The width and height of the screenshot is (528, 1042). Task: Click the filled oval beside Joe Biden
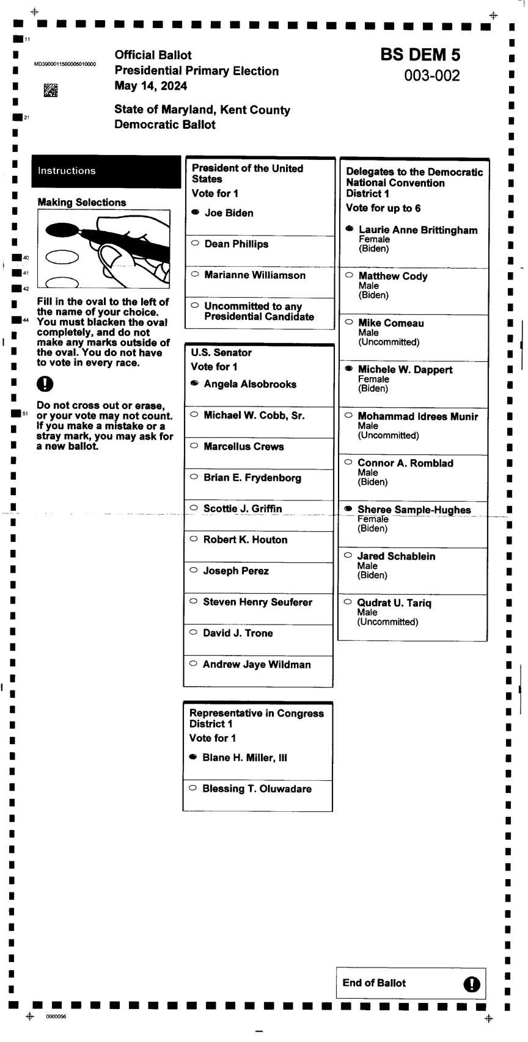[195, 212]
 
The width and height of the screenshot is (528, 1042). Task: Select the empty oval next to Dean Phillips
[195, 243]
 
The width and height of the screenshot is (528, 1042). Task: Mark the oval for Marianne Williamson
[195, 274]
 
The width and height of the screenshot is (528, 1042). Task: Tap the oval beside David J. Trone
[193, 632]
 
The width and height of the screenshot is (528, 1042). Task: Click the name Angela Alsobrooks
[250, 384]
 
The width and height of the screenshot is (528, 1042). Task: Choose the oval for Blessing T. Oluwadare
[193, 787]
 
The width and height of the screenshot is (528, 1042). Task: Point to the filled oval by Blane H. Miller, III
[193, 757]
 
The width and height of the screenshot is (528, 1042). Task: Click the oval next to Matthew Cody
[349, 275]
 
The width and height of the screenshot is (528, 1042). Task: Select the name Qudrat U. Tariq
[394, 603]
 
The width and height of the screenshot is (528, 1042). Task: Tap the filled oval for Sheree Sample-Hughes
[348, 508]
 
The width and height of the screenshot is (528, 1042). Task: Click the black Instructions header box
[106, 171]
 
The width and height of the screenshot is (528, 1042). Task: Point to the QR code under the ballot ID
[51, 91]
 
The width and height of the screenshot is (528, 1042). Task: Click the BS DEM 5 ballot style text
[420, 55]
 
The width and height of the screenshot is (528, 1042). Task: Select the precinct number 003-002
[431, 76]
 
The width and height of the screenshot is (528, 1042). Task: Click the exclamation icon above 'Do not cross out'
[45, 384]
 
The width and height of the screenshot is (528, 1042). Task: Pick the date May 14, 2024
[150, 85]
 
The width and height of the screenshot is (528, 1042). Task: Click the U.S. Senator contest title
[221, 352]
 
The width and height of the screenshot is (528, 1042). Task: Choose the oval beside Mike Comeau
[349, 322]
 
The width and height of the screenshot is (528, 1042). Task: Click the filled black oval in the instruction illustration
[62, 230]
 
